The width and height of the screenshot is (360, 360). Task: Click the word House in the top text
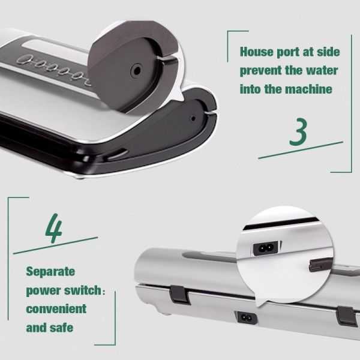[x=256, y=51]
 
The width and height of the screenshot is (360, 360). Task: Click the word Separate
[x=50, y=271]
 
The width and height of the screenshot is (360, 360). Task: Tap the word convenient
[x=56, y=309]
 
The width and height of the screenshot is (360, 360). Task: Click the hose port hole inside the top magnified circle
[x=136, y=70]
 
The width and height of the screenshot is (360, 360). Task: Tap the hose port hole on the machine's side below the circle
[x=193, y=119]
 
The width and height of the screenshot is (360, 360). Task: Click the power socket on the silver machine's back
[x=245, y=316]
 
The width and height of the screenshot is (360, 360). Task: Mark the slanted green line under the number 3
[x=300, y=150]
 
